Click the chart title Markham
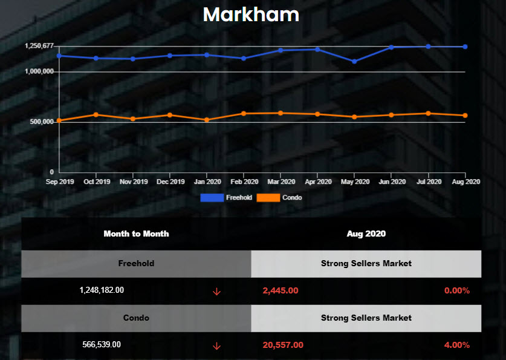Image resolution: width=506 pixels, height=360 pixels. pyautogui.click(x=251, y=15)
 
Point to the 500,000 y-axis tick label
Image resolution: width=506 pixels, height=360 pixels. pyautogui.click(x=41, y=122)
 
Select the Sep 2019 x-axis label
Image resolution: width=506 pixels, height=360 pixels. pyautogui.click(x=60, y=182)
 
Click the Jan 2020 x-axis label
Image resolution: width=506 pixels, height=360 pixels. pyautogui.click(x=207, y=182)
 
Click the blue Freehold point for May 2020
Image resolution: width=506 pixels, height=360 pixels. pyautogui.click(x=354, y=61)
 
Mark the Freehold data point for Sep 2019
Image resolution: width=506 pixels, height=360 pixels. pyautogui.click(x=59, y=56)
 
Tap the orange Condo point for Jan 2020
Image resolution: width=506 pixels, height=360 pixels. pyautogui.click(x=207, y=120)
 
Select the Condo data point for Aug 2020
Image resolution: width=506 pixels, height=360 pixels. pyautogui.click(x=465, y=116)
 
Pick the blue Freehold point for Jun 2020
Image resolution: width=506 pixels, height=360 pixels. pyautogui.click(x=391, y=47)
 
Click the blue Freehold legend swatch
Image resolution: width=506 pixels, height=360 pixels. pyautogui.click(x=212, y=198)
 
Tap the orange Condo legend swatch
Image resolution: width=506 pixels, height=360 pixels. pyautogui.click(x=268, y=198)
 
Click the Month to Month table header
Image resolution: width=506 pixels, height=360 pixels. pyautogui.click(x=136, y=234)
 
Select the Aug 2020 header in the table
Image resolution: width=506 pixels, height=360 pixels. pyautogui.click(x=366, y=234)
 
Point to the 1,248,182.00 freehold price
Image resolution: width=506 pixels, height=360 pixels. pyautogui.click(x=102, y=290)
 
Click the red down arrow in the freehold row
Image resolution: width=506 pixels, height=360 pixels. pyautogui.click(x=216, y=292)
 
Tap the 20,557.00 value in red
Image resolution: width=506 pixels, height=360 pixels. pyautogui.click(x=283, y=345)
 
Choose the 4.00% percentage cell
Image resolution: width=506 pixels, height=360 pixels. pyautogui.click(x=457, y=345)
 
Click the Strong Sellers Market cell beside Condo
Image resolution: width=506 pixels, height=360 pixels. pyautogui.click(x=366, y=318)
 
